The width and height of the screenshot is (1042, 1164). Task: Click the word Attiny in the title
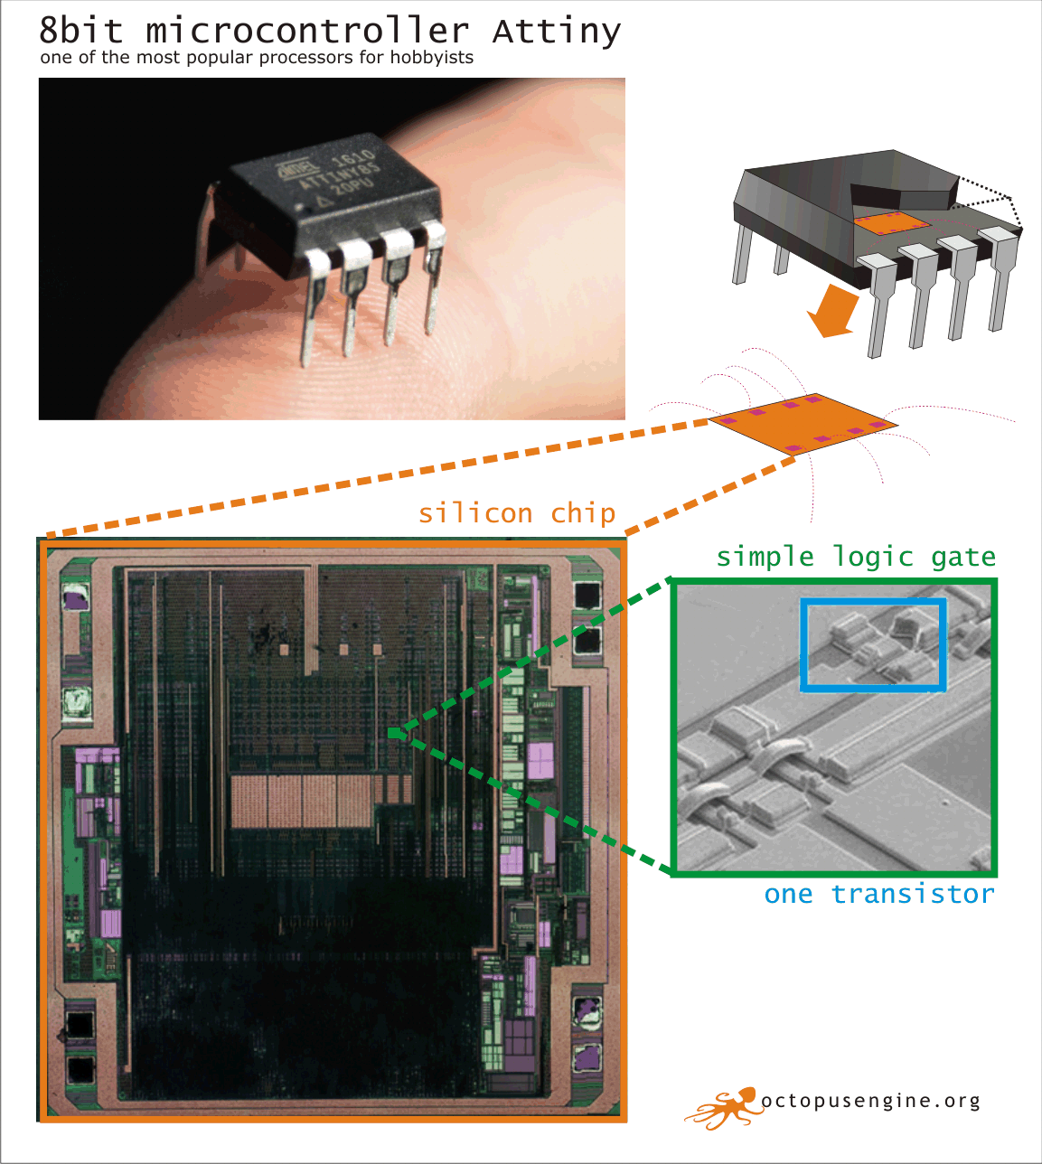(x=557, y=32)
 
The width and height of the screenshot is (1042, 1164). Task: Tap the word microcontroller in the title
(x=307, y=32)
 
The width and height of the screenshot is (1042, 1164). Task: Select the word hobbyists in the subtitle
(x=431, y=58)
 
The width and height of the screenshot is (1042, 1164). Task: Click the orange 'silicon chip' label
(x=516, y=513)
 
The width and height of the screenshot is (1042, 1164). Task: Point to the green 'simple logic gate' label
(x=856, y=557)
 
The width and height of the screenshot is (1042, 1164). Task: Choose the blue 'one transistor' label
(x=878, y=895)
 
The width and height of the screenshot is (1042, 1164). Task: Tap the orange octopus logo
(x=723, y=1107)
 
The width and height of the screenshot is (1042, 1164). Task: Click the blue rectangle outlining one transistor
(x=873, y=644)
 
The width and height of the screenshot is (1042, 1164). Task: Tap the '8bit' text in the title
(x=81, y=32)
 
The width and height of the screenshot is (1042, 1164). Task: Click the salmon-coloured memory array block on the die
(x=303, y=801)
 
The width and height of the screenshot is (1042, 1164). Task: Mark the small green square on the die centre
(x=393, y=734)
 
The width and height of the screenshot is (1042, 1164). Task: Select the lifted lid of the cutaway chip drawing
(x=904, y=192)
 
